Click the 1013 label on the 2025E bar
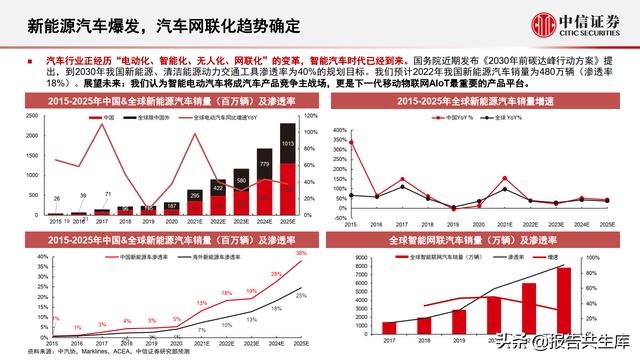287,144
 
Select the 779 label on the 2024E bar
264,164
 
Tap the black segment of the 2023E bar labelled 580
241,189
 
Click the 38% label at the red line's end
300,253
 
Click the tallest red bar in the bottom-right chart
564,301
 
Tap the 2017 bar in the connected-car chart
390,327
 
